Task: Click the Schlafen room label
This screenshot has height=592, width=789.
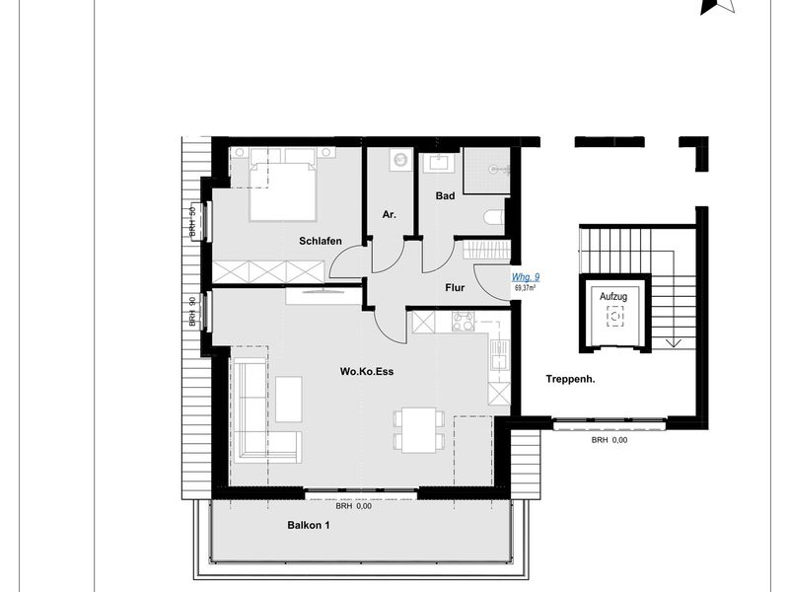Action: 320,241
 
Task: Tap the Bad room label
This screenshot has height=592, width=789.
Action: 445,195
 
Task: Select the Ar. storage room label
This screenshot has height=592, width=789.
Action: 389,214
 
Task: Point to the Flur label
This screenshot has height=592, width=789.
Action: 455,288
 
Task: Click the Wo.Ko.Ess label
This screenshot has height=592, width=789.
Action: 366,372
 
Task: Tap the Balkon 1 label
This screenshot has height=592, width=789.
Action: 309,525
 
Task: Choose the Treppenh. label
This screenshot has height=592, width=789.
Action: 570,379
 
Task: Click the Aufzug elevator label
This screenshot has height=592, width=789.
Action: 613,297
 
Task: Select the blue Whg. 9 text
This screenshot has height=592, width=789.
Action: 526,277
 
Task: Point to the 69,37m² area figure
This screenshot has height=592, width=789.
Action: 525,288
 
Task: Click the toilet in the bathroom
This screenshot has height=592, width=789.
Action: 494,217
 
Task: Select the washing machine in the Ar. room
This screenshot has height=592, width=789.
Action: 400,160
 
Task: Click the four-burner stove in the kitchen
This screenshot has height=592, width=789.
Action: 463,322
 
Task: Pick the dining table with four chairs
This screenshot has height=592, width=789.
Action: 419,430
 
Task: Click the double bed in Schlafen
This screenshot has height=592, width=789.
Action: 282,190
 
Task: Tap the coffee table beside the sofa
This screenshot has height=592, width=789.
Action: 288,400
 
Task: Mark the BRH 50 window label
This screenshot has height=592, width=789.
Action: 191,223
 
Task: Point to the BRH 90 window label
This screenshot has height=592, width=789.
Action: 191,312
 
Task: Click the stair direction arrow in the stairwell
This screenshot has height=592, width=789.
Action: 674,343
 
